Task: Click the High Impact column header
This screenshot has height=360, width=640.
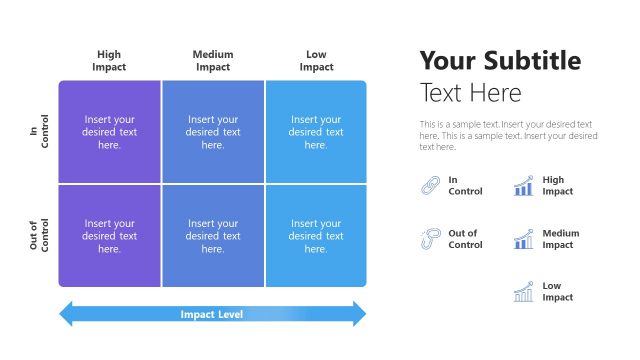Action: pyautogui.click(x=109, y=61)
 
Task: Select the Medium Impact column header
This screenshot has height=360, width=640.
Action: pyautogui.click(x=213, y=61)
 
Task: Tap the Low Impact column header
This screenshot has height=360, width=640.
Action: pyautogui.click(x=316, y=61)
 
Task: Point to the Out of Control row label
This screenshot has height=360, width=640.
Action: pyautogui.click(x=39, y=237)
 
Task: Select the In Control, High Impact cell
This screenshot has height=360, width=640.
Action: pyautogui.click(x=110, y=132)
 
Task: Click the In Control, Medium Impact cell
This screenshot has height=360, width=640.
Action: pyautogui.click(x=213, y=132)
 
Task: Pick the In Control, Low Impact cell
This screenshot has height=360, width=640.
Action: pyautogui.click(x=316, y=132)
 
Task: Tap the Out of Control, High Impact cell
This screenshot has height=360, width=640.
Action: pyautogui.click(x=110, y=236)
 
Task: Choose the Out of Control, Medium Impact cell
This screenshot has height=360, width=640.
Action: pyautogui.click(x=213, y=236)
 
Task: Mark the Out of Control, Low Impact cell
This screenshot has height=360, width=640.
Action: pyautogui.click(x=316, y=236)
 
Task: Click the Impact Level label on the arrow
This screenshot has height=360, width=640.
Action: pyautogui.click(x=212, y=314)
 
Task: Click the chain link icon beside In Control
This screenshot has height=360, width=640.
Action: pyautogui.click(x=429, y=186)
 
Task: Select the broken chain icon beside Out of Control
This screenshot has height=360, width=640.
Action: pyautogui.click(x=429, y=239)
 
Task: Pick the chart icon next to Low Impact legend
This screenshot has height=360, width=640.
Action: pyautogui.click(x=523, y=292)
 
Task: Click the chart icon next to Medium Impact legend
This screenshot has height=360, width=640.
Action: pyautogui.click(x=523, y=239)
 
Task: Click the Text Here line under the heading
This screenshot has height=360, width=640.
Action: pyautogui.click(x=470, y=94)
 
